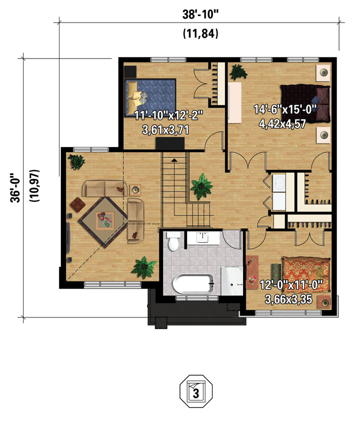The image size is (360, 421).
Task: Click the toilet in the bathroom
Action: coord(173,241)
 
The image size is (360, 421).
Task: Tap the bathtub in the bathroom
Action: coord(193,284)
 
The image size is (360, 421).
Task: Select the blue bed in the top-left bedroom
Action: coord(150,97)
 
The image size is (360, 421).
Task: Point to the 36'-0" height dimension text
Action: coord(15,187)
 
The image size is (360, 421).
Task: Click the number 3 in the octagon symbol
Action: coord(196,393)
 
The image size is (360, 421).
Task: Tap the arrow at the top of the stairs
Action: coord(174,160)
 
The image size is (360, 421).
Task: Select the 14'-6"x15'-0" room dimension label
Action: coord(285,109)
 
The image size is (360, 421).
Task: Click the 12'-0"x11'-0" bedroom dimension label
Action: coord(291,285)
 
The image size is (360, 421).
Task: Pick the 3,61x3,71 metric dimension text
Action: coord(165,130)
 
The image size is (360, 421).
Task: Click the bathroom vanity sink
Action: coord(203,238)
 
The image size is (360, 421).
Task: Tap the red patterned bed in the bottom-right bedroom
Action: coord(306,274)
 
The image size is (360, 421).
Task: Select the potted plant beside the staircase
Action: coord(201,186)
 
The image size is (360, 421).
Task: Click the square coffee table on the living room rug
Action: coord(105,220)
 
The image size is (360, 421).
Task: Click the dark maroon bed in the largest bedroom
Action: coord(305,103)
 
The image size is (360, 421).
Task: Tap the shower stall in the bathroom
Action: coord(231,281)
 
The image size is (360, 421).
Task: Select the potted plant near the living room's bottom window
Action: coord(144,267)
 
